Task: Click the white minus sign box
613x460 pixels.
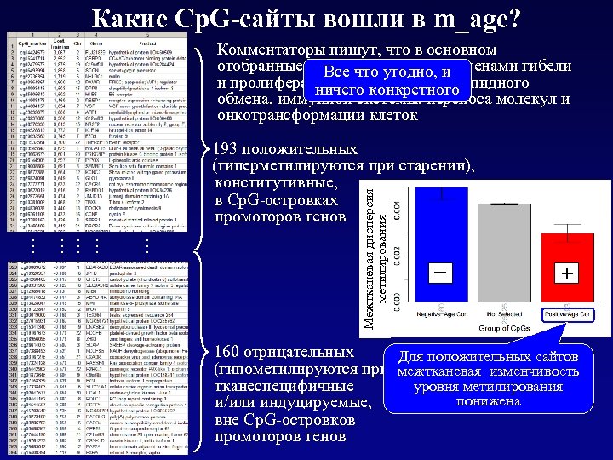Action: tap(441, 273)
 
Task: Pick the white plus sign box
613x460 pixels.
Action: tap(567, 273)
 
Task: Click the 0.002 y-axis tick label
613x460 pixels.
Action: tap(406, 252)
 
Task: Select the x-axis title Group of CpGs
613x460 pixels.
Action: tap(508, 328)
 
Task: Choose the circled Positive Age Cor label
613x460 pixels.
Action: tap(568, 314)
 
